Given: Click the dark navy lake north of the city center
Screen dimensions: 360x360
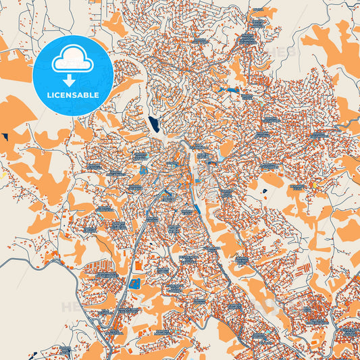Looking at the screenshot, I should [153, 124].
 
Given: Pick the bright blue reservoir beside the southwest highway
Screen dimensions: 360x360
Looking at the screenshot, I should [134, 283].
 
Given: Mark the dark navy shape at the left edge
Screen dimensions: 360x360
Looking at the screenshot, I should [5, 137].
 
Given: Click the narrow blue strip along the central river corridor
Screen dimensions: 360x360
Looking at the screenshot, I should [196, 203].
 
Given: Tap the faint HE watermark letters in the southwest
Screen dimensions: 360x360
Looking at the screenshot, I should [71, 307].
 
